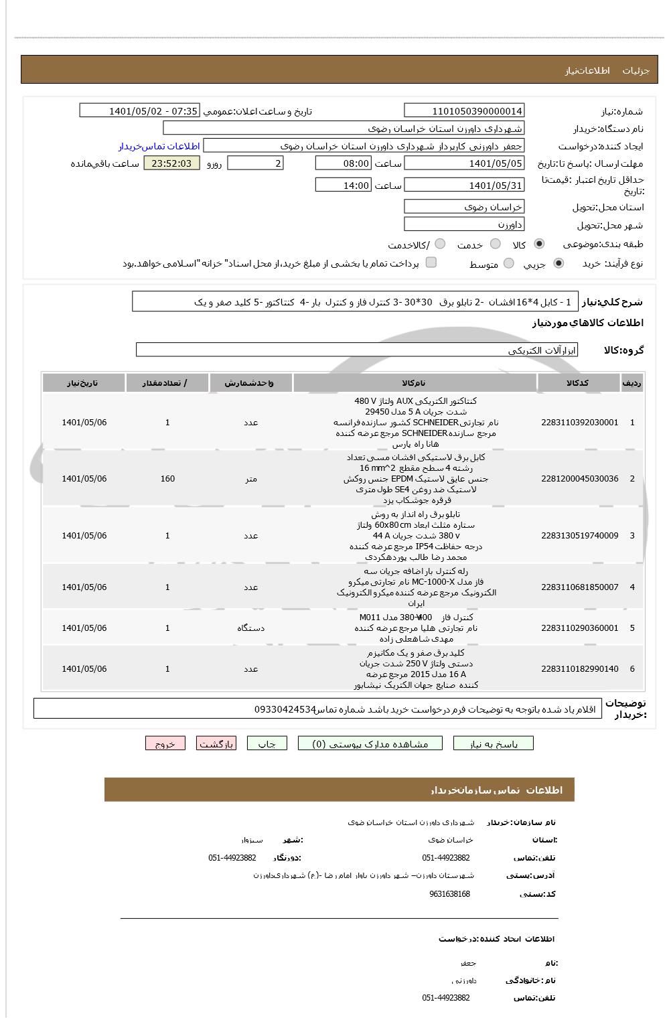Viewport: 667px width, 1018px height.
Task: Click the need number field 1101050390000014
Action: click(x=464, y=111)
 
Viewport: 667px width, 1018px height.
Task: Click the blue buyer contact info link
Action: click(x=159, y=146)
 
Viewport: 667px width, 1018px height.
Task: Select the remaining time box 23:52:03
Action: click(x=171, y=163)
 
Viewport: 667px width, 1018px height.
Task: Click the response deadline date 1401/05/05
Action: click(x=464, y=163)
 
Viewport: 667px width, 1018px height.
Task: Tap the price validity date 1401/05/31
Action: click(x=464, y=186)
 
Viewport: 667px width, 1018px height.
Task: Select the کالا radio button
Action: click(x=539, y=244)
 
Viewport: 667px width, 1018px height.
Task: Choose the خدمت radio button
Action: click(x=496, y=244)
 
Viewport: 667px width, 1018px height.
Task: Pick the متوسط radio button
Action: click(x=509, y=264)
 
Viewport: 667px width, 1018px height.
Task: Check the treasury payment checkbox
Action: click(x=431, y=263)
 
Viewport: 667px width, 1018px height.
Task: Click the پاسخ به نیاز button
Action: click(x=494, y=743)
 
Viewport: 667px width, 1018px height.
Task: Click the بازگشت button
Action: click(x=216, y=743)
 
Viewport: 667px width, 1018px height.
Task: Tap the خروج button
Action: click(x=165, y=743)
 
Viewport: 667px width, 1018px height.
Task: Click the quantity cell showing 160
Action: click(x=167, y=479)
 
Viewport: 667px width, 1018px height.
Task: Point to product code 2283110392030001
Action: click(x=580, y=423)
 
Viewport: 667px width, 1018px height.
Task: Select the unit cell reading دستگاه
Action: click(x=250, y=628)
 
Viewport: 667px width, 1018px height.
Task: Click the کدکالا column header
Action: click(x=578, y=383)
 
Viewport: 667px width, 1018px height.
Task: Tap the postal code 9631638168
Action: click(x=449, y=894)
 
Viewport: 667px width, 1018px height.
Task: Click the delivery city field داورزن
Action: click(x=464, y=224)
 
